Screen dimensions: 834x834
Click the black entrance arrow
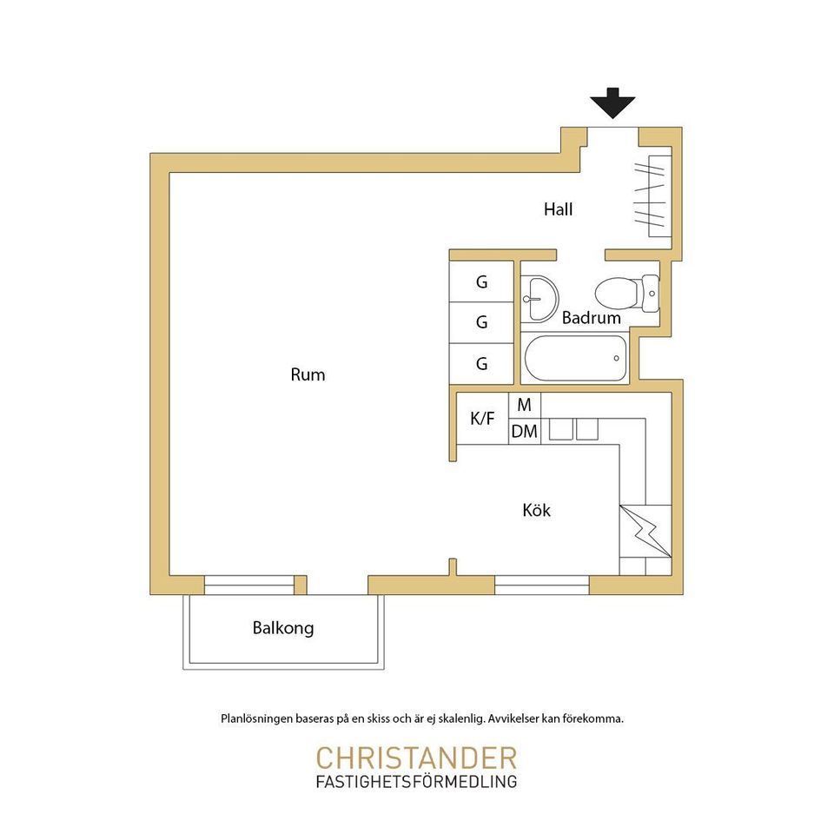(612, 103)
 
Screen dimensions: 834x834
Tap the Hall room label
(558, 209)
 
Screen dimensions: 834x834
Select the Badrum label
(592, 318)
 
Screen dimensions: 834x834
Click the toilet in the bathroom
(627, 294)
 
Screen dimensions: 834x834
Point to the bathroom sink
(539, 299)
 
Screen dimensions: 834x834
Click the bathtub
(575, 358)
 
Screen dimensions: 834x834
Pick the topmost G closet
(481, 281)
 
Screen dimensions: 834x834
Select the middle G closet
(481, 322)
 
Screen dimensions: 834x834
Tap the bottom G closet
(481, 364)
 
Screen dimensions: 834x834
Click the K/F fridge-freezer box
(482, 419)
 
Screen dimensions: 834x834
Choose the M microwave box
(525, 406)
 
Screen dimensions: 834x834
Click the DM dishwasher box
(525, 432)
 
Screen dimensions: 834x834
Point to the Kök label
(537, 510)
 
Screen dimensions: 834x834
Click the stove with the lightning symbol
(645, 532)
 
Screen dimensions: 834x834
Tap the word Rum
(308, 374)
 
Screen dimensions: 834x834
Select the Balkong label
(283, 628)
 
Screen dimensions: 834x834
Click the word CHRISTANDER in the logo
(416, 758)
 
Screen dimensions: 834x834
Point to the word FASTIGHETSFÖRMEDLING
(416, 782)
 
